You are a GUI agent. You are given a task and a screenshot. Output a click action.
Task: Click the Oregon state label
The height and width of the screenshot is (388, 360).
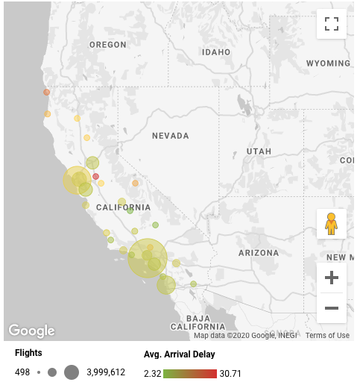tap(108, 45)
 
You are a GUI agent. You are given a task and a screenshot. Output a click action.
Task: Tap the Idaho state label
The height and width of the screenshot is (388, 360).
tap(216, 52)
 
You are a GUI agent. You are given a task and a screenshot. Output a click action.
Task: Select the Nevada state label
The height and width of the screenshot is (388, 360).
tap(171, 136)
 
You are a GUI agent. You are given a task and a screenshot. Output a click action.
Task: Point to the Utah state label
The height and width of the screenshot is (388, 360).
tap(259, 151)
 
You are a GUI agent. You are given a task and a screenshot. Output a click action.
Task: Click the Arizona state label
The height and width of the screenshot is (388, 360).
tap(258, 253)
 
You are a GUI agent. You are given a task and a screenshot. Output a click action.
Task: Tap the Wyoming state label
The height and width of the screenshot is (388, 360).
tap(329, 64)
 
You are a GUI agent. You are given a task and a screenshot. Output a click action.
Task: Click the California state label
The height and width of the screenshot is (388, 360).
tap(123, 207)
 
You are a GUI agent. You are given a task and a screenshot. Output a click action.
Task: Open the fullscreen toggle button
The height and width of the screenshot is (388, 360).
tap(332, 23)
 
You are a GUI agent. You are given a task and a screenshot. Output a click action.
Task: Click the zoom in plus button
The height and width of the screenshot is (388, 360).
tap(332, 278)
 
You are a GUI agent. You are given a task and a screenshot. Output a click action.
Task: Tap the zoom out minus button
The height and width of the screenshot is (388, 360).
tap(332, 307)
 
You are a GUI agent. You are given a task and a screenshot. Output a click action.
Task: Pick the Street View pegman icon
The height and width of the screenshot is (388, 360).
tap(332, 223)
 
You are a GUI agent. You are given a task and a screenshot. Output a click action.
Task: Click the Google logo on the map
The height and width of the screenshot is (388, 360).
tap(31, 331)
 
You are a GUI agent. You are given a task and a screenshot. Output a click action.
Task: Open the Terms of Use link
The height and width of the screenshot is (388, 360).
tap(327, 336)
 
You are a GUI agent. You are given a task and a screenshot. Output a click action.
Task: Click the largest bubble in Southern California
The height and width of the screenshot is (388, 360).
tap(148, 258)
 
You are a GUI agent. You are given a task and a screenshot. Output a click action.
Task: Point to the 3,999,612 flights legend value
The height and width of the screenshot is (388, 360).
tap(106, 372)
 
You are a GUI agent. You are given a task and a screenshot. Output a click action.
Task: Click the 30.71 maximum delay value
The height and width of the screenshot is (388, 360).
tap(230, 372)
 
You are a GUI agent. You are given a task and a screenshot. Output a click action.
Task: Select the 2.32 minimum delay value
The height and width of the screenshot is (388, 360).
tap(152, 372)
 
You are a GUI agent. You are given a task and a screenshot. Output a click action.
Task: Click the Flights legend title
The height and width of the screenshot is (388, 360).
tap(28, 353)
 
